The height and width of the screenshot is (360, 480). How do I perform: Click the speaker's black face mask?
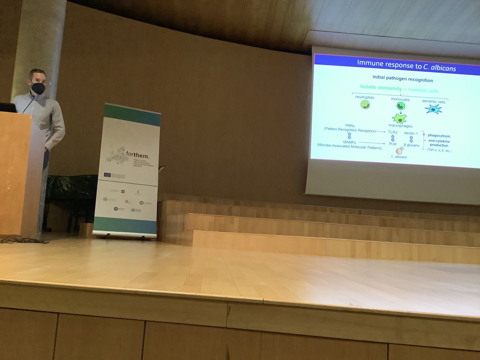(x=38, y=88)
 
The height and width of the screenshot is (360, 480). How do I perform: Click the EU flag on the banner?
(x=107, y=174)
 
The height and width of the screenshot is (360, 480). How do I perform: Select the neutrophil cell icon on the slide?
(x=365, y=104)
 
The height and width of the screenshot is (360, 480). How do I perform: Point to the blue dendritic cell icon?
(x=433, y=109)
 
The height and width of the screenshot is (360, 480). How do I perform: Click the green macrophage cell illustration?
(x=399, y=119)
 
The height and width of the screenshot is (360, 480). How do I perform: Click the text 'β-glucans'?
(x=412, y=145)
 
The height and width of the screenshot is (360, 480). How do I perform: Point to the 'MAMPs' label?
(x=349, y=142)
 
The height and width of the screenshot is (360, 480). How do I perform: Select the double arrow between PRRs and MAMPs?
(x=349, y=135)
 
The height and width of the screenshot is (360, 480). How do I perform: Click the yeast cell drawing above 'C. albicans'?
(x=399, y=151)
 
